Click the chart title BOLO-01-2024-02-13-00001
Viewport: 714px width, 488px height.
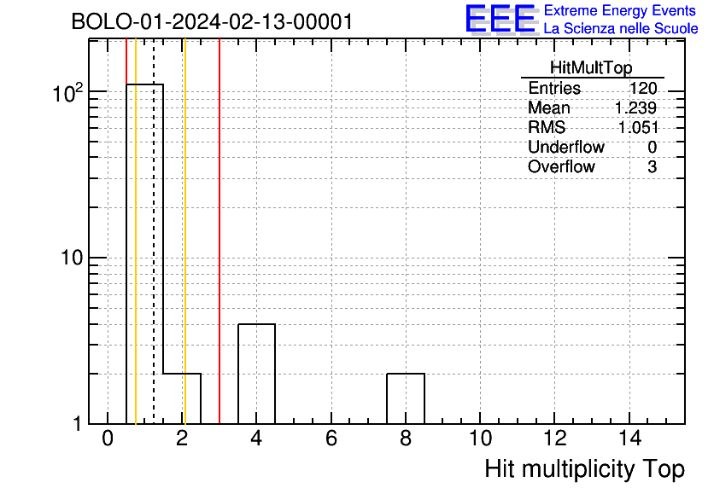(212, 21)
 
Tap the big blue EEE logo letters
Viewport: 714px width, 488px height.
(500, 19)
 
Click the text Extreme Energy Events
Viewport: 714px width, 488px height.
(620, 10)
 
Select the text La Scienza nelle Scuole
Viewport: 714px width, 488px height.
(621, 28)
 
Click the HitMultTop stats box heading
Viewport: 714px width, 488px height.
(591, 67)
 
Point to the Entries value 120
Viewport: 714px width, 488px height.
(643, 88)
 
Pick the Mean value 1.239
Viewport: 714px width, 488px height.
(635, 107)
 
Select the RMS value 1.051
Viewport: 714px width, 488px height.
(638, 127)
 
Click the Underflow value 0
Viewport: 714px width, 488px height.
(652, 147)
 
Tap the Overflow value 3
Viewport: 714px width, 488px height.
(652, 166)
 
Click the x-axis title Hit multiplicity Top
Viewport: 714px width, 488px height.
(585, 469)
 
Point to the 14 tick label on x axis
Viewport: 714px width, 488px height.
(629, 439)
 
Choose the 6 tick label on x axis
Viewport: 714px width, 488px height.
(331, 439)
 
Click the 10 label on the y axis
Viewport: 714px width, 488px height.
(73, 258)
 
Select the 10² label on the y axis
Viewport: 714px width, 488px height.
(68, 93)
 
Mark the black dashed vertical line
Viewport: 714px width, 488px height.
(154, 231)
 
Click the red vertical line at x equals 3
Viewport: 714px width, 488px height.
(219, 231)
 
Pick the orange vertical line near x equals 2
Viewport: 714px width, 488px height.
(184, 231)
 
